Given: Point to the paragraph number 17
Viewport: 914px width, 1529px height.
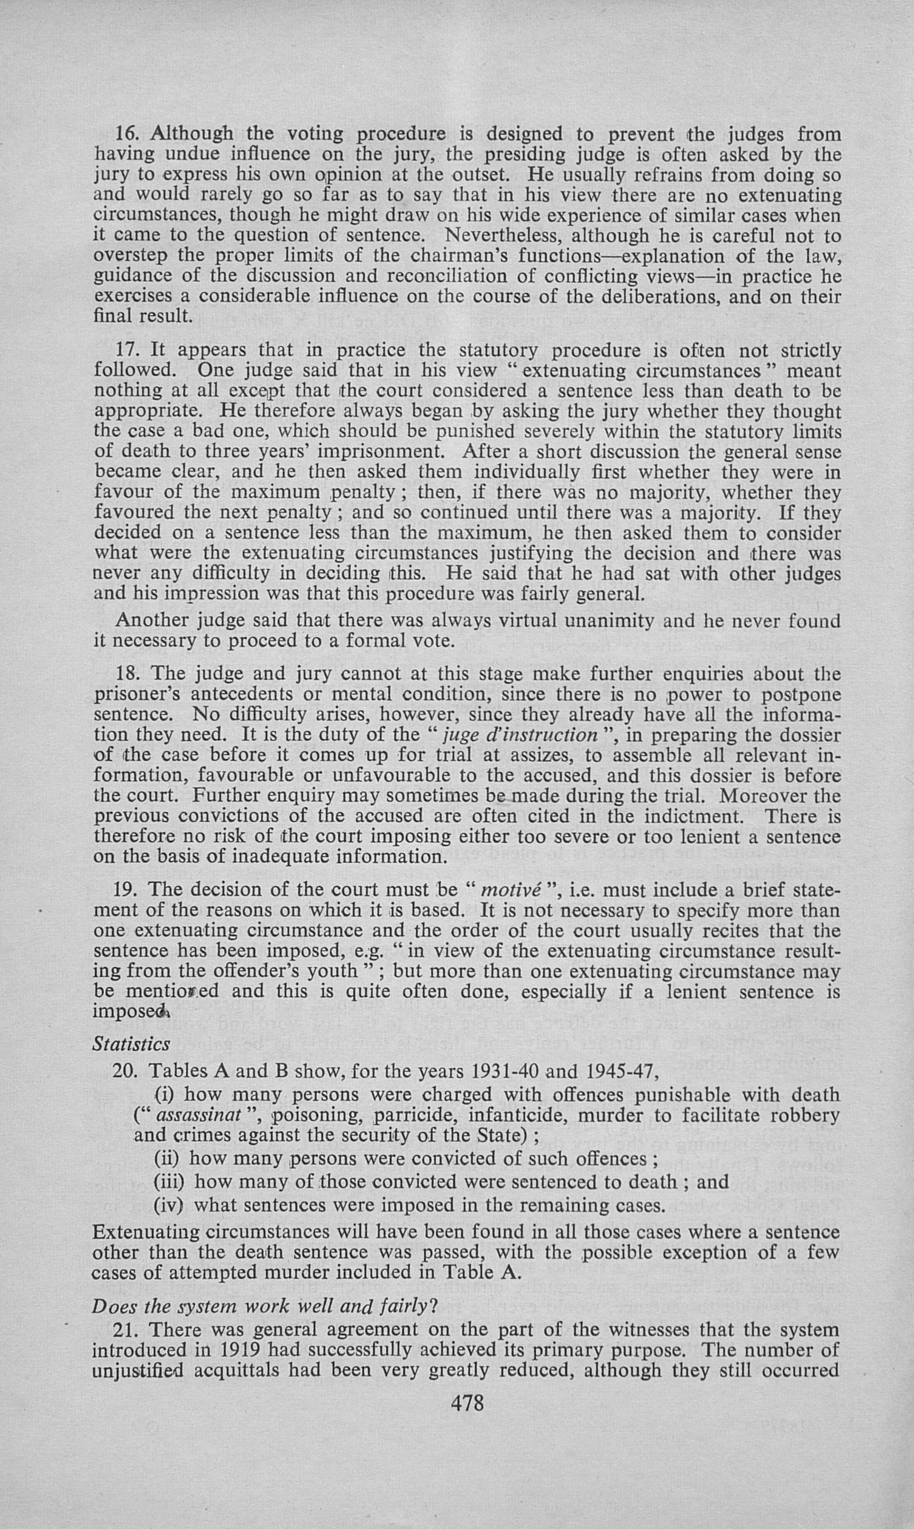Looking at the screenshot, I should click(127, 351).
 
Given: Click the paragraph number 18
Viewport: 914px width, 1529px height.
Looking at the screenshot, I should click(127, 674).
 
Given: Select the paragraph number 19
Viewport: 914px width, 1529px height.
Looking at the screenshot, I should click(127, 889).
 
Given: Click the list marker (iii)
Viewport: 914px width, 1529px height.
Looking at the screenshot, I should click(170, 1181).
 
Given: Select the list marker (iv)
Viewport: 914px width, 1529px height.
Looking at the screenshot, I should click(170, 1204).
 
